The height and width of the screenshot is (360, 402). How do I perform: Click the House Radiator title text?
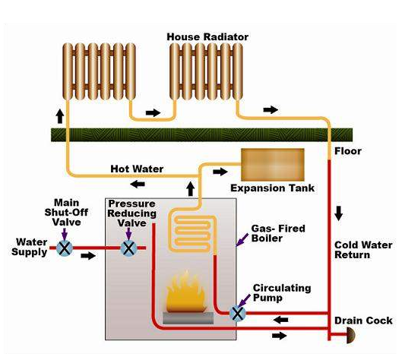pos(207,36)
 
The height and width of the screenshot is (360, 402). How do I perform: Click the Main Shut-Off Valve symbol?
pos(65,248)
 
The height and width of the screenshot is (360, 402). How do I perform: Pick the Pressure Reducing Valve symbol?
pos(130,248)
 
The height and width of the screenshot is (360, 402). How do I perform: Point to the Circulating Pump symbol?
pos(238,312)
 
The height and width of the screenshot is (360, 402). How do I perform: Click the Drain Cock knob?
pos(353,335)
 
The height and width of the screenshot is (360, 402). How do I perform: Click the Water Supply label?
pos(30,248)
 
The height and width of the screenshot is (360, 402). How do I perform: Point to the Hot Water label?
pos(137,169)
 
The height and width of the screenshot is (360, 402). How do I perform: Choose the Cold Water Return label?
pos(363,250)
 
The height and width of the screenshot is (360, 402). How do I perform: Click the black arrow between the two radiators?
pos(154,112)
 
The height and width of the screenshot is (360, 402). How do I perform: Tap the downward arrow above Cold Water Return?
pos(339,214)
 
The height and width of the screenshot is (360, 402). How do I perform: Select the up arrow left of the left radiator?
pos(59,116)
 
